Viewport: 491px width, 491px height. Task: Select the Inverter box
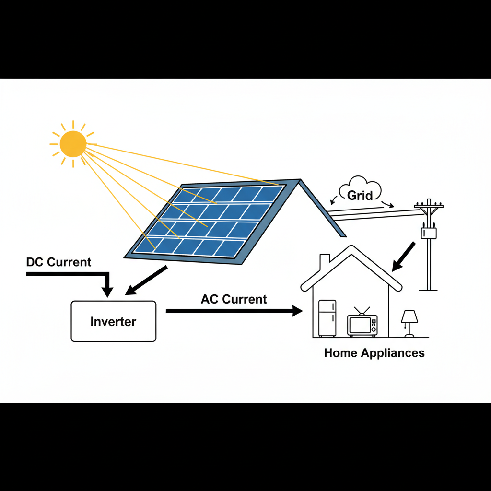tap(114, 321)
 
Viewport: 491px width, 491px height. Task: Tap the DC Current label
tap(58, 262)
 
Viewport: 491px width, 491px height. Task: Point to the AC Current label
tap(234, 299)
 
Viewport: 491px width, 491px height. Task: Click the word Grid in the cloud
tap(360, 196)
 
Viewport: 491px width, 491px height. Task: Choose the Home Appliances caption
tap(374, 353)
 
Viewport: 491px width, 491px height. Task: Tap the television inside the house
tap(362, 325)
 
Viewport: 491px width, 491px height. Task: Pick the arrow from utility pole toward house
tap(404, 257)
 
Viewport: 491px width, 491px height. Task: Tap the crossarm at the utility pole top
tap(429, 207)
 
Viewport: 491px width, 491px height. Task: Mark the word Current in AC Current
tap(245, 299)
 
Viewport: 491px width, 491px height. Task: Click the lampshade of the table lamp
tap(409, 316)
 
